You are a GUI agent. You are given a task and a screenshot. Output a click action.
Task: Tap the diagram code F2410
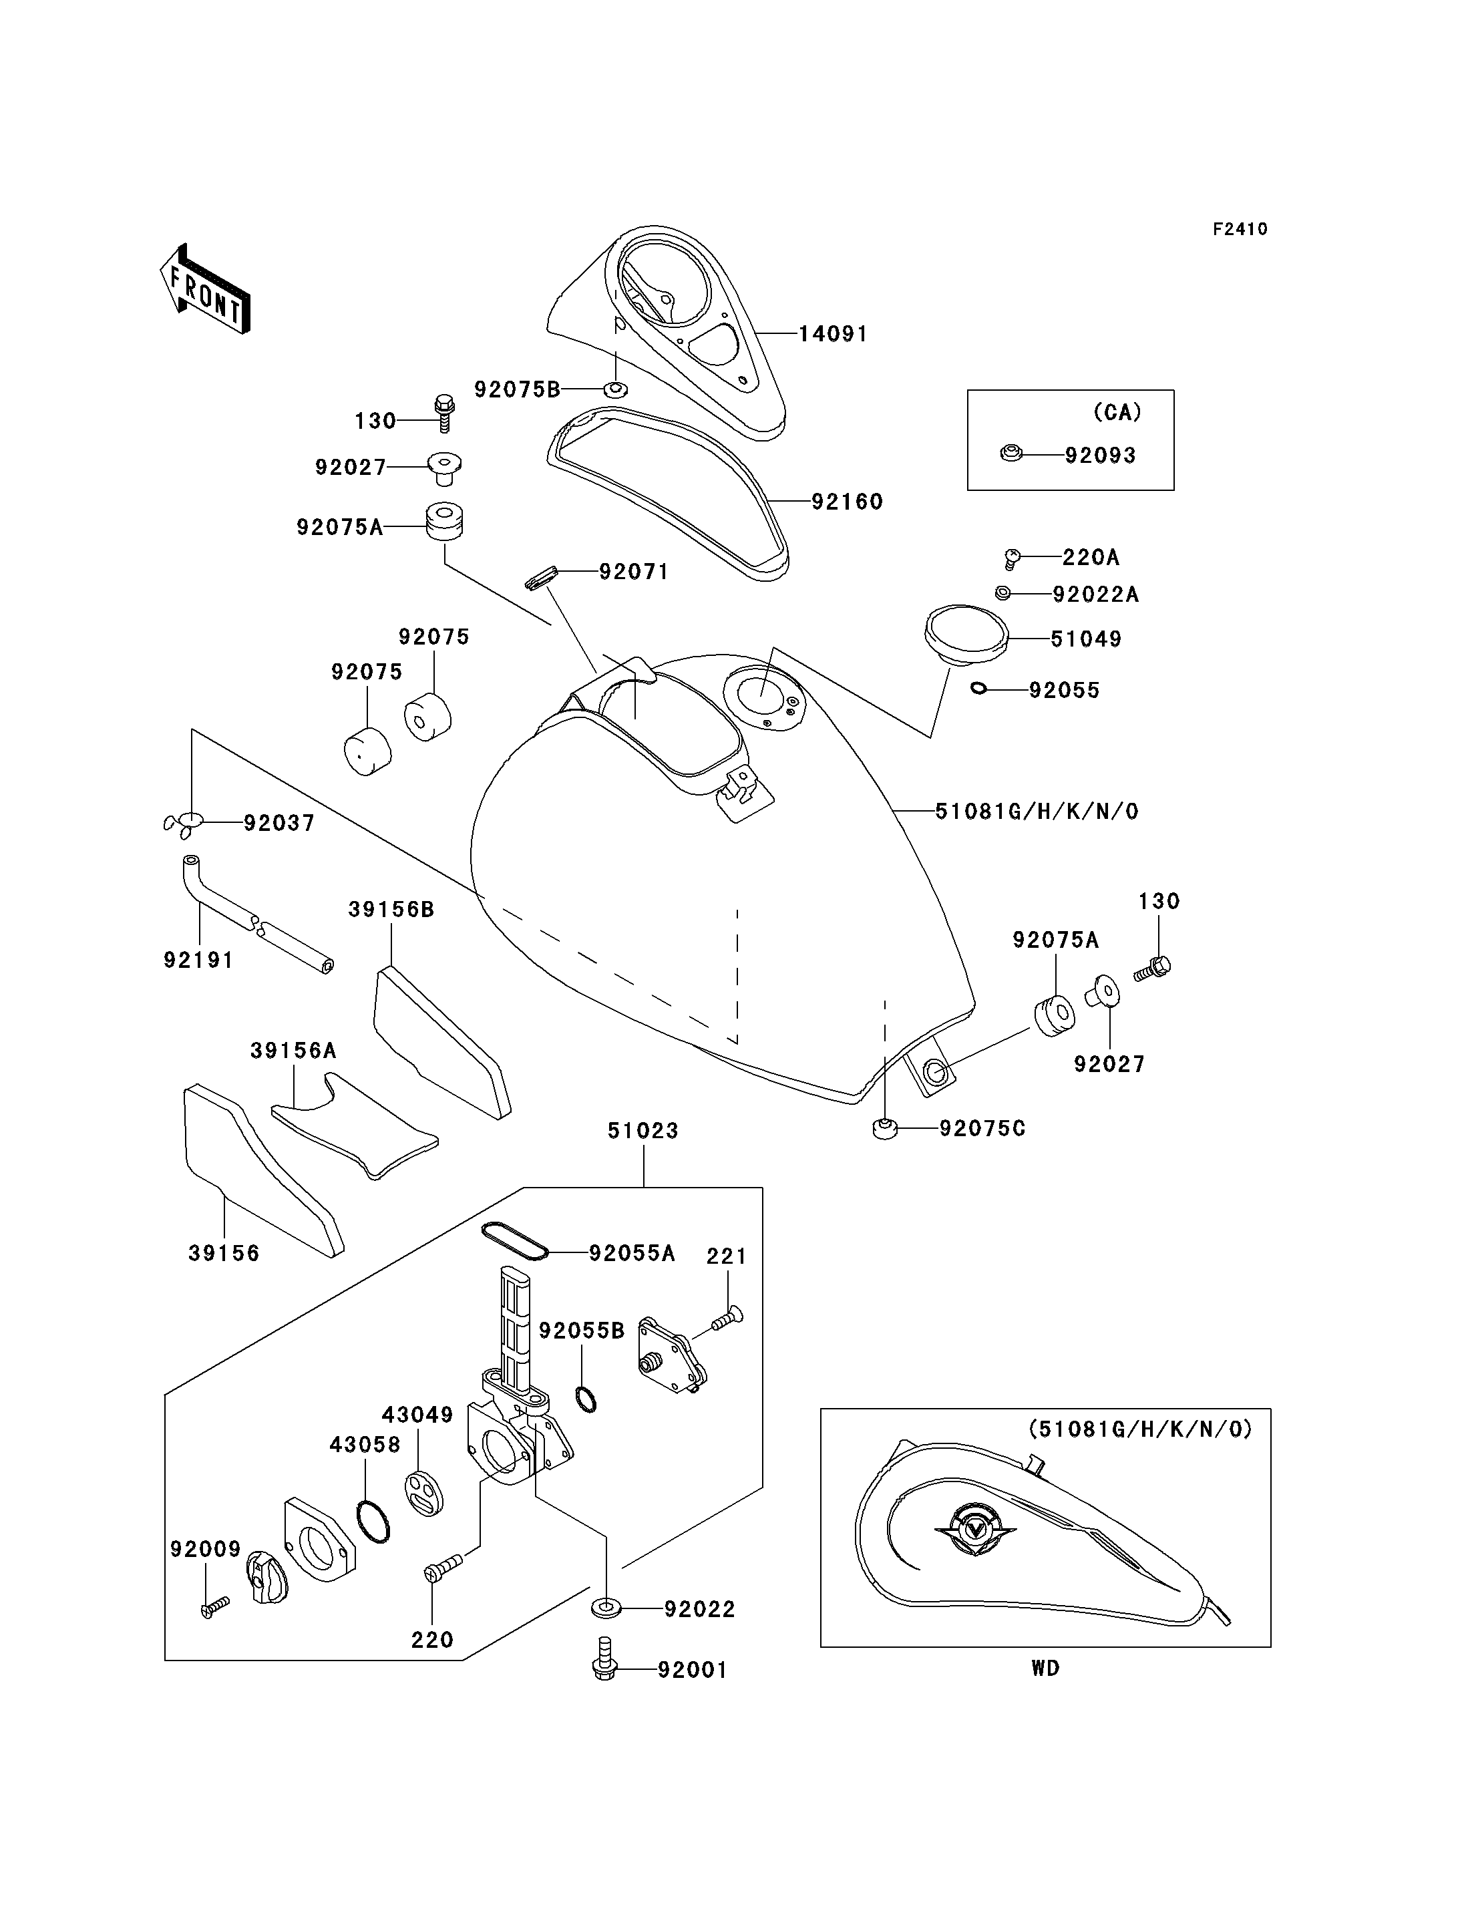point(1240,229)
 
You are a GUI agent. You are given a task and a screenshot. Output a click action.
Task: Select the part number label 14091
point(833,334)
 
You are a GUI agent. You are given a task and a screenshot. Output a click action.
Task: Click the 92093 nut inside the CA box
point(1011,454)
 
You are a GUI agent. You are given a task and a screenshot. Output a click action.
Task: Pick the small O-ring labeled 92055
point(978,689)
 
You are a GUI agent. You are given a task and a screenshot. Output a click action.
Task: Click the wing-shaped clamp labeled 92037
point(183,824)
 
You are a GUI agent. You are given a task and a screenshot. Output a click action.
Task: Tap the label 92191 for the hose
point(198,960)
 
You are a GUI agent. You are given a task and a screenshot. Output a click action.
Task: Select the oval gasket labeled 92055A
point(514,1241)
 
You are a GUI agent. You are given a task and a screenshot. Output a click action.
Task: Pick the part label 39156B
point(391,909)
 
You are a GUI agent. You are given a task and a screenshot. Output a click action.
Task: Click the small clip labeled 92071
point(540,577)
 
